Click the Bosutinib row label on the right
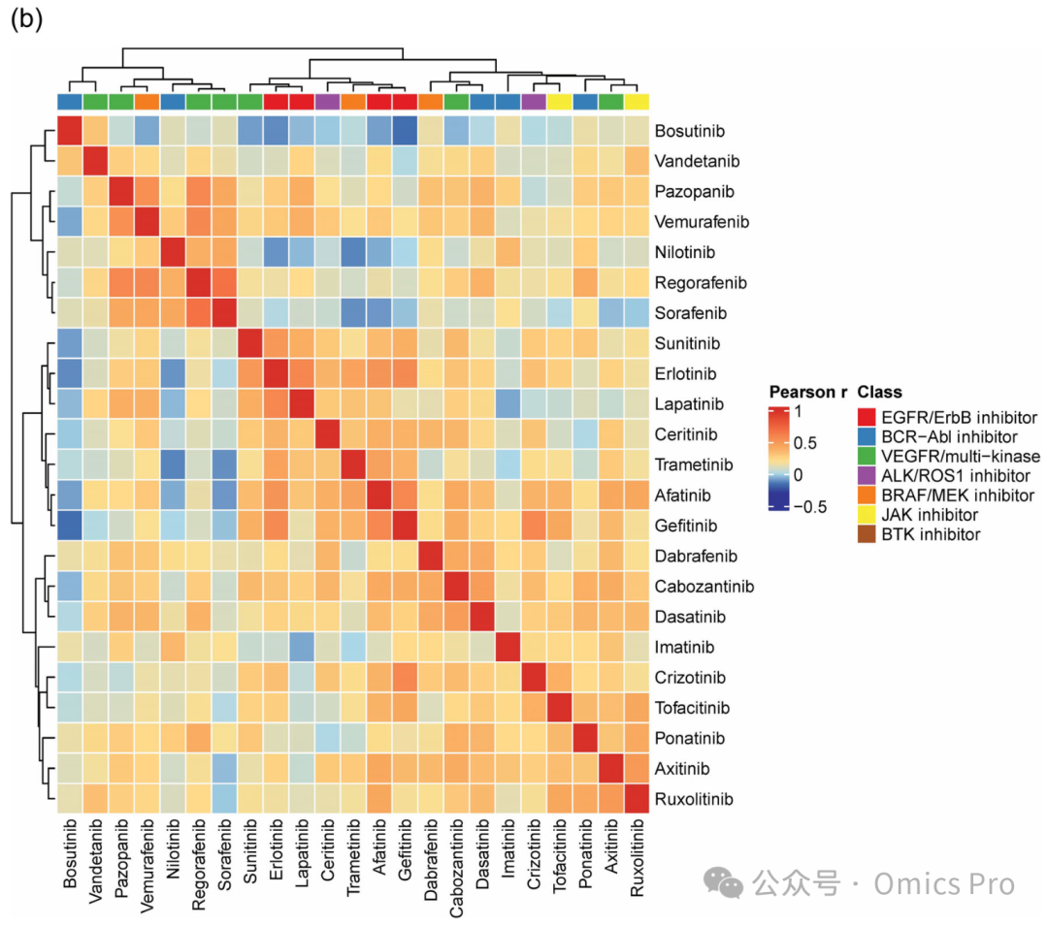click(689, 131)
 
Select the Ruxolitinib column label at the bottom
click(637, 858)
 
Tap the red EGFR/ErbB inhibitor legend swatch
click(867, 417)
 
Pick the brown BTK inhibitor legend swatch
click(867, 534)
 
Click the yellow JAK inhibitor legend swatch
click(867, 515)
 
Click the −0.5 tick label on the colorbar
click(809, 507)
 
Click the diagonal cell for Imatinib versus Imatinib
click(508, 647)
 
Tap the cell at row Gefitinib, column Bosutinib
click(70, 526)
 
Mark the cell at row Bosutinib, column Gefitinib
click(405, 131)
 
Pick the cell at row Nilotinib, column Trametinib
click(353, 252)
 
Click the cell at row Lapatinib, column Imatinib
click(508, 404)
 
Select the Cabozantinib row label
click(704, 587)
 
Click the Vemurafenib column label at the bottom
click(147, 865)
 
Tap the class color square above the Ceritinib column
click(328, 102)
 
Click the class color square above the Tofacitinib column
click(560, 102)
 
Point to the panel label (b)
click(27, 18)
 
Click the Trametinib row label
click(694, 464)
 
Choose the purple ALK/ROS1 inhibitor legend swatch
click(867, 476)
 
